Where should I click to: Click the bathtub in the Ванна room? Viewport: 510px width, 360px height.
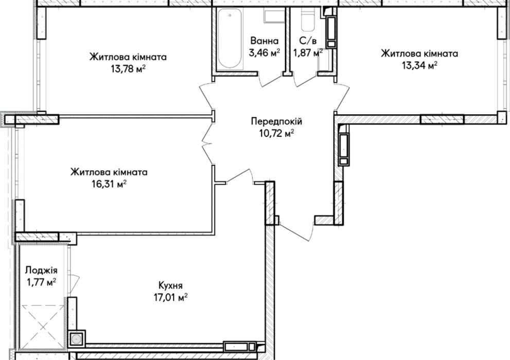[230, 38]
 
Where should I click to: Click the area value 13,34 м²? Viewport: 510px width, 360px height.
[419, 65]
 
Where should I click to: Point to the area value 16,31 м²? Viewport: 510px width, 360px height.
[109, 184]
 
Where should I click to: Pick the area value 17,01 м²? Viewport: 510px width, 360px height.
[171, 298]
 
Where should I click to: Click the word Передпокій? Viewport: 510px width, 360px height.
[276, 121]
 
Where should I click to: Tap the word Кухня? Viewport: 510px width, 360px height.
[170, 286]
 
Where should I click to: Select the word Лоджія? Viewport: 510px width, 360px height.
[41, 271]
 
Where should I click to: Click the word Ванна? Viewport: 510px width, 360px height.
[265, 41]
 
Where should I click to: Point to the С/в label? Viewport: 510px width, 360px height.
[308, 41]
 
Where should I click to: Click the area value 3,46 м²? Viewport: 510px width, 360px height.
[265, 52]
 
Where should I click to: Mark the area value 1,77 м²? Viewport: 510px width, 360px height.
[41, 282]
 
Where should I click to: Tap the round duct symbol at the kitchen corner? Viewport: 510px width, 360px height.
[77, 339]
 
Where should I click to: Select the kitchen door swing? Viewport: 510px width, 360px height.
[239, 177]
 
